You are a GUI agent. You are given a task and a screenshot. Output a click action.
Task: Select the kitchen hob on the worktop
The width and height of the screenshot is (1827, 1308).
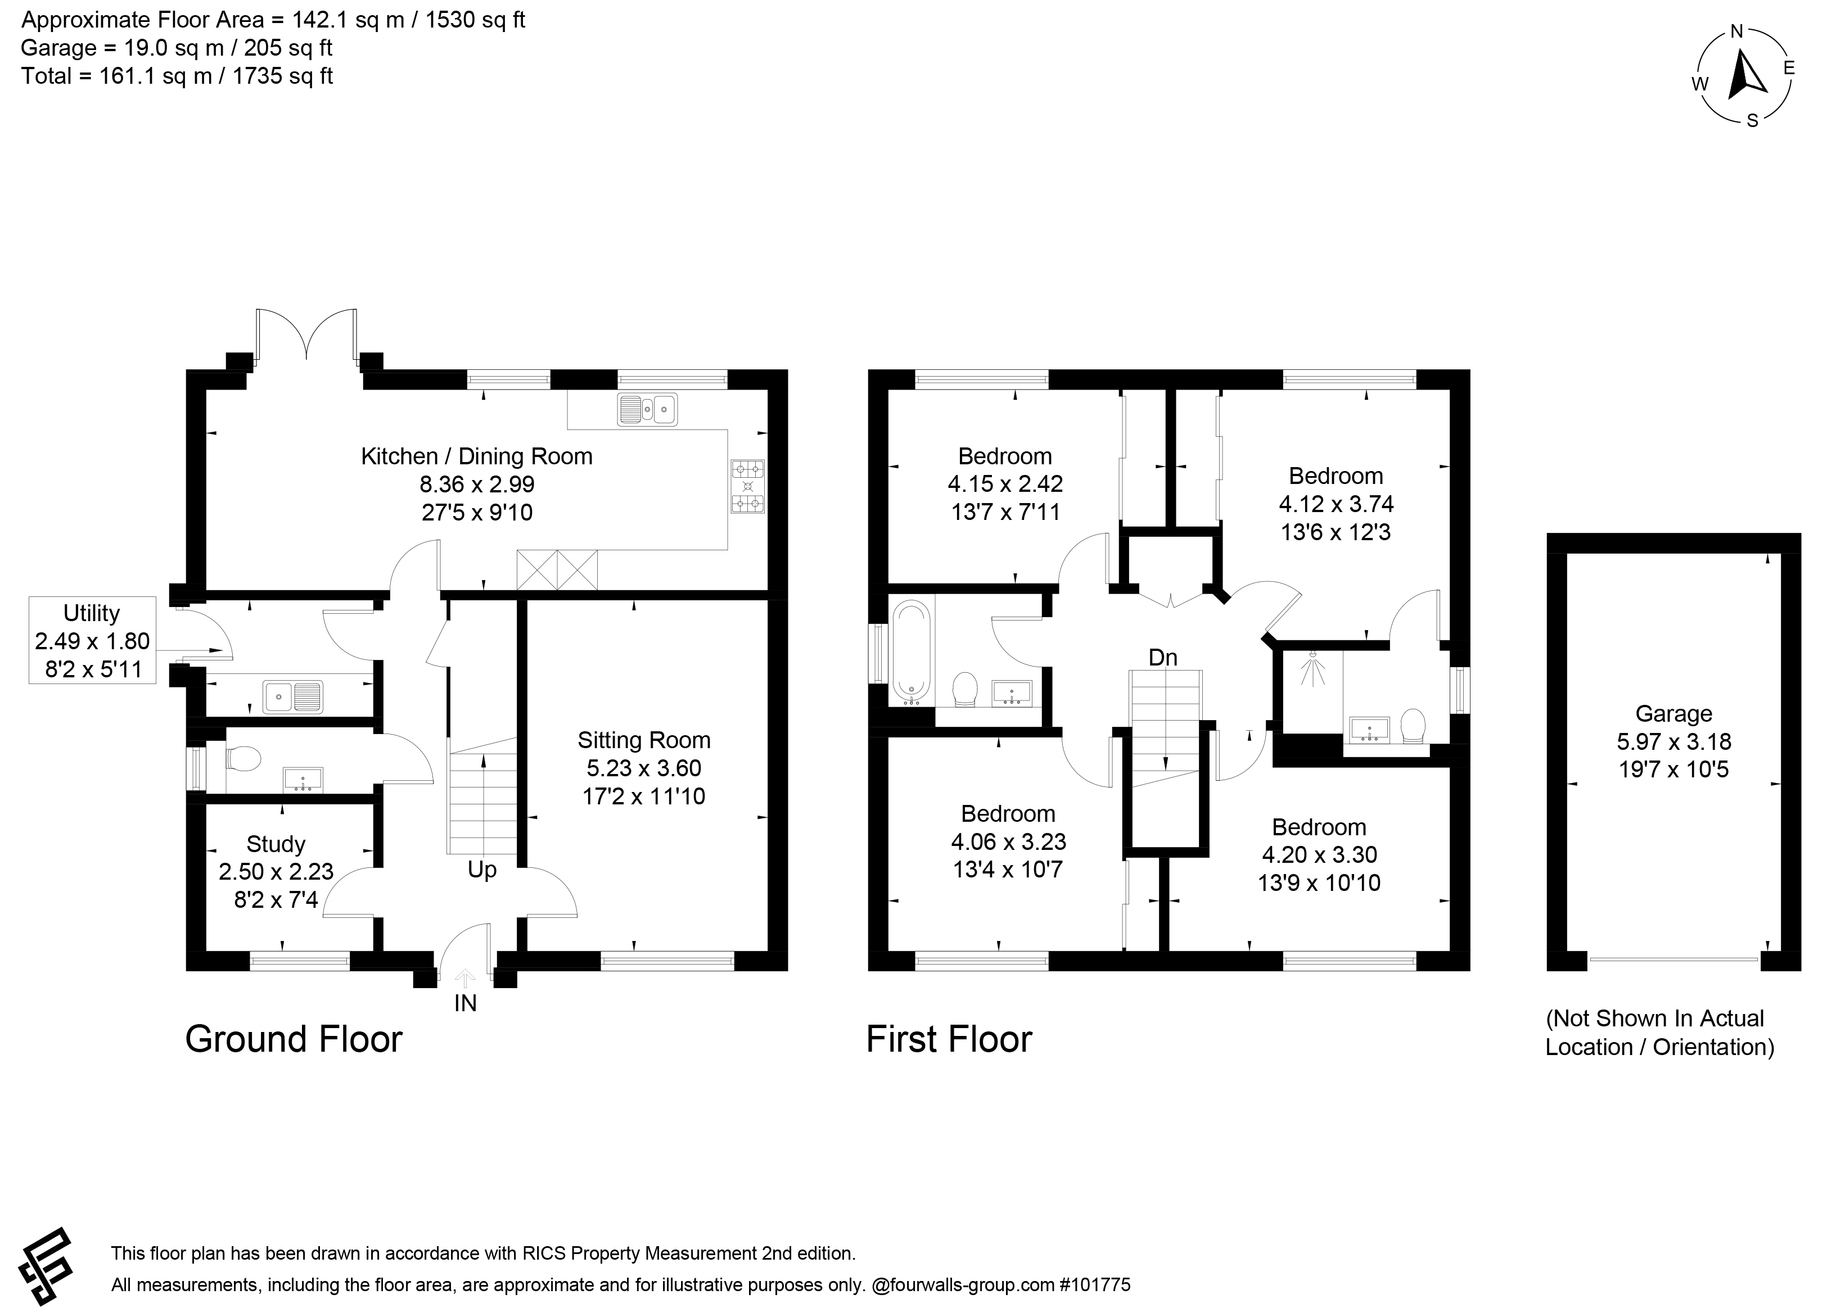point(747,486)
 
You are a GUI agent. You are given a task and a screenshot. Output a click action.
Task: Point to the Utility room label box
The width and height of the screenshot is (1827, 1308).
point(92,640)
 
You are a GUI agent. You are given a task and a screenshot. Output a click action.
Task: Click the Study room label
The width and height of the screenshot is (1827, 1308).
point(276,844)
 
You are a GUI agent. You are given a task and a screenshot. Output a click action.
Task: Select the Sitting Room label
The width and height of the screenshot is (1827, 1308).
point(644,740)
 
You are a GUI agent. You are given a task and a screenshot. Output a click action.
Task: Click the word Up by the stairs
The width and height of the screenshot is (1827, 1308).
point(482,871)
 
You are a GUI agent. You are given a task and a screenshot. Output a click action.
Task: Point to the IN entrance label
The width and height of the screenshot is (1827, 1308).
point(466,1003)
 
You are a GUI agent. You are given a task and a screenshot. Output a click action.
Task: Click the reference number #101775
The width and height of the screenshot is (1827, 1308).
point(1091,1284)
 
